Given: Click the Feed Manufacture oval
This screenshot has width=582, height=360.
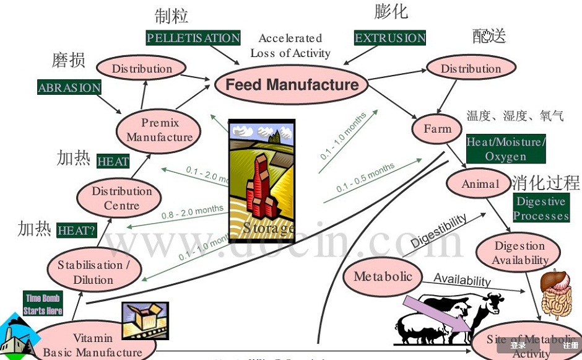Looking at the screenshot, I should (x=292, y=85).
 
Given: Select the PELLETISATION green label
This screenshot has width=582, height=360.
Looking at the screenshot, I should (x=193, y=38).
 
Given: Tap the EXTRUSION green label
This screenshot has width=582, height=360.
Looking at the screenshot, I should (x=390, y=38).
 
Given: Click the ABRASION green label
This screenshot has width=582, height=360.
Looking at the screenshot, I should (x=69, y=87).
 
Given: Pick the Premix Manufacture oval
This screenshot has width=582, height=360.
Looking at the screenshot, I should (x=159, y=130).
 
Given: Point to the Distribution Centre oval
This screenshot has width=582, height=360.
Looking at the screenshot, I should (x=121, y=198).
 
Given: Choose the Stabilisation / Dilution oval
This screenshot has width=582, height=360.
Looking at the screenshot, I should (x=93, y=272).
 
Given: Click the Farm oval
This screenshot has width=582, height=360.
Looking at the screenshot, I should (x=437, y=129).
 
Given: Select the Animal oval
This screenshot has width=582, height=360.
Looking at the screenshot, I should (x=480, y=183).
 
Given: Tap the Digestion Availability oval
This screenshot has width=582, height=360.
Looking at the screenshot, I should (x=519, y=253).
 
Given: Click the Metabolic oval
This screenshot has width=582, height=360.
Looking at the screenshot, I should (x=383, y=276).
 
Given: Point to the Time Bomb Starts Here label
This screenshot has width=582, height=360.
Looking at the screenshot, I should (x=43, y=304).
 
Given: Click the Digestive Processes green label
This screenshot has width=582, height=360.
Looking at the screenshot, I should (x=541, y=208).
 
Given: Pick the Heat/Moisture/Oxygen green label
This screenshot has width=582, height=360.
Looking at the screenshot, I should (x=506, y=149).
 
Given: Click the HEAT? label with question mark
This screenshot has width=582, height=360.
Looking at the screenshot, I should (x=77, y=230).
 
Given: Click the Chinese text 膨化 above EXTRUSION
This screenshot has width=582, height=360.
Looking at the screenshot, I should (x=391, y=12).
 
